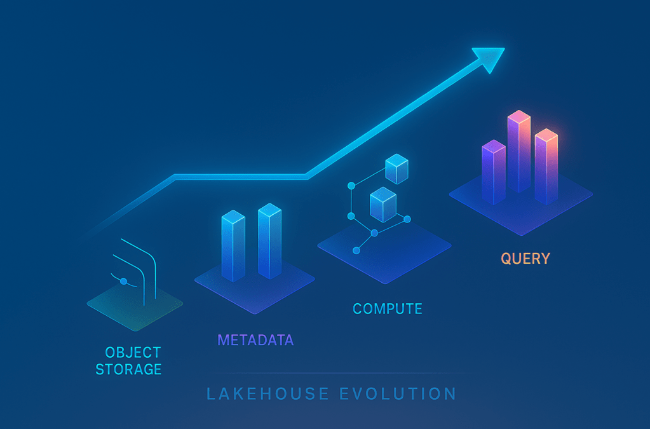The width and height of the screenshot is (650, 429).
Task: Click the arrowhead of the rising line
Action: (x=491, y=58)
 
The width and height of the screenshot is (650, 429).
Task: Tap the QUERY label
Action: (x=525, y=259)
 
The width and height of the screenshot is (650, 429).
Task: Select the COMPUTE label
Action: (x=387, y=309)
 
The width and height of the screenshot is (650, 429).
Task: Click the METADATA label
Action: (x=256, y=340)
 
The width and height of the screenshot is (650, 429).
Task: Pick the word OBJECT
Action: (x=133, y=353)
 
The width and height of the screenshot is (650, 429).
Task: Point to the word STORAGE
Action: (x=128, y=369)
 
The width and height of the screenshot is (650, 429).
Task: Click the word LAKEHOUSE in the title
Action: (x=267, y=394)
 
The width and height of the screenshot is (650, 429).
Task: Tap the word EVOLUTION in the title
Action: (x=398, y=394)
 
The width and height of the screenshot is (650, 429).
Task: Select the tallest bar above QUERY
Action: (x=519, y=151)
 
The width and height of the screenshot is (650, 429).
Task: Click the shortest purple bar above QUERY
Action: (x=493, y=172)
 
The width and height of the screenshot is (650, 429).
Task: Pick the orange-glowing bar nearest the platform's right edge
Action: (x=546, y=167)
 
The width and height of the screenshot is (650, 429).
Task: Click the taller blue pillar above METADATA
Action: (x=269, y=241)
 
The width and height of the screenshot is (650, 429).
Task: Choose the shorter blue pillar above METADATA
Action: (x=233, y=246)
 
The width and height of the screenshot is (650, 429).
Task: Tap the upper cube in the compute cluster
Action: (x=396, y=168)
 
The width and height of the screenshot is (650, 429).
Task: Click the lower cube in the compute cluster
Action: (x=383, y=205)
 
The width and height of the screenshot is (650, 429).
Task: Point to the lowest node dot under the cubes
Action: (x=356, y=250)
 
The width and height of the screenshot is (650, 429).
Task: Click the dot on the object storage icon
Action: (x=123, y=282)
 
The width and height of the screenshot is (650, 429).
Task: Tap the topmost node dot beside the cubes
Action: (x=351, y=186)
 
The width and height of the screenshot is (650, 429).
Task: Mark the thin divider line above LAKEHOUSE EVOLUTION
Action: (x=340, y=373)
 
